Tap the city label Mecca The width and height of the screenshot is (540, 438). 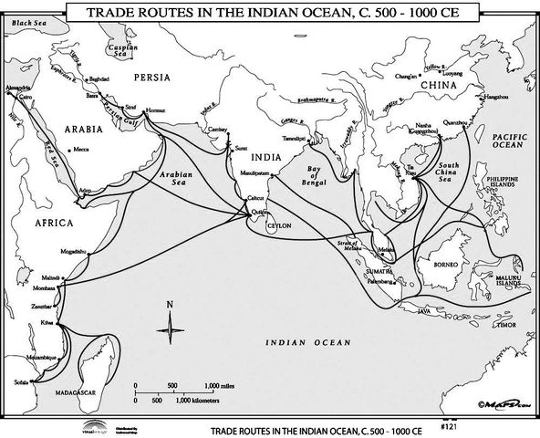click(x=81, y=149)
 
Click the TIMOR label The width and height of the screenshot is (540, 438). click(x=508, y=323)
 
